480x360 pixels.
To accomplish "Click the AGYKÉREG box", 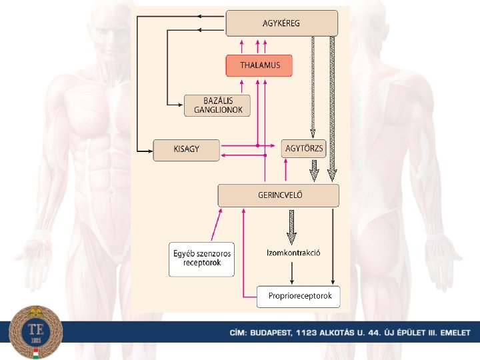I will click(282, 23).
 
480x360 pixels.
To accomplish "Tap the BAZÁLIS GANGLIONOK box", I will click(217, 105).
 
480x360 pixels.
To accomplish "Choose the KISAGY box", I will click(186, 150).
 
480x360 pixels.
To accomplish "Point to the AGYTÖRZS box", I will click(303, 148).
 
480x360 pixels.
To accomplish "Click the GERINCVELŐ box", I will click(279, 195).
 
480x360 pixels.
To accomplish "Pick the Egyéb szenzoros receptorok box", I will click(202, 259).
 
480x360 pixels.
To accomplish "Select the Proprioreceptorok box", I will click(298, 296).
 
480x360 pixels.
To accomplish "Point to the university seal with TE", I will click(37, 332).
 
